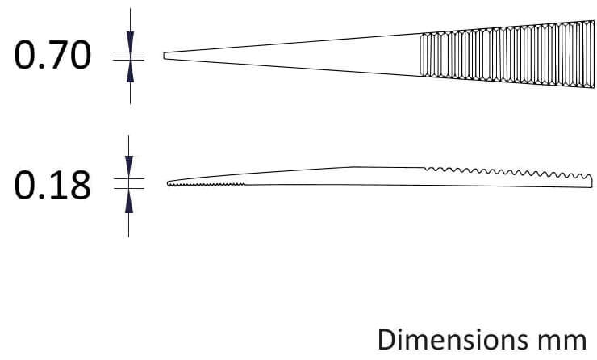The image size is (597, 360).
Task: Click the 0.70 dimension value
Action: coord(52,55)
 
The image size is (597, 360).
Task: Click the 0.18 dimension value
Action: coord(52,185)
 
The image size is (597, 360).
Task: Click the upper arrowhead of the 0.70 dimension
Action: coord(130,41)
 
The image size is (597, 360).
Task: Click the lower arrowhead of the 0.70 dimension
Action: coord(130,71)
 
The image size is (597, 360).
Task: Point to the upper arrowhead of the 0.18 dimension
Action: coord(129,166)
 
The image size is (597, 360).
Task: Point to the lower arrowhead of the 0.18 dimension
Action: coord(129,201)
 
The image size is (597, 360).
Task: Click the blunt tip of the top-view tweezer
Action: coord(165,56)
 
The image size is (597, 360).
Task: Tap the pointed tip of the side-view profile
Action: coord(168,183)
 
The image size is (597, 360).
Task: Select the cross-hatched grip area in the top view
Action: coord(507,54)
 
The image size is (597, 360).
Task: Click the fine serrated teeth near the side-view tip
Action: coord(207,185)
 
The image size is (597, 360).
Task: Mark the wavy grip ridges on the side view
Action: coord(508,172)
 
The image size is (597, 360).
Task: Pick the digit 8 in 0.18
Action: coord(81,185)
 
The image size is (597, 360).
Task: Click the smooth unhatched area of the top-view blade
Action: coord(293,55)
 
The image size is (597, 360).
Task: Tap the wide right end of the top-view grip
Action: coord(594,54)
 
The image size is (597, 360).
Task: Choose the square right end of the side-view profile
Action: coord(591,182)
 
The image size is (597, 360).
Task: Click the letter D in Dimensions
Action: coord(386,339)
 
